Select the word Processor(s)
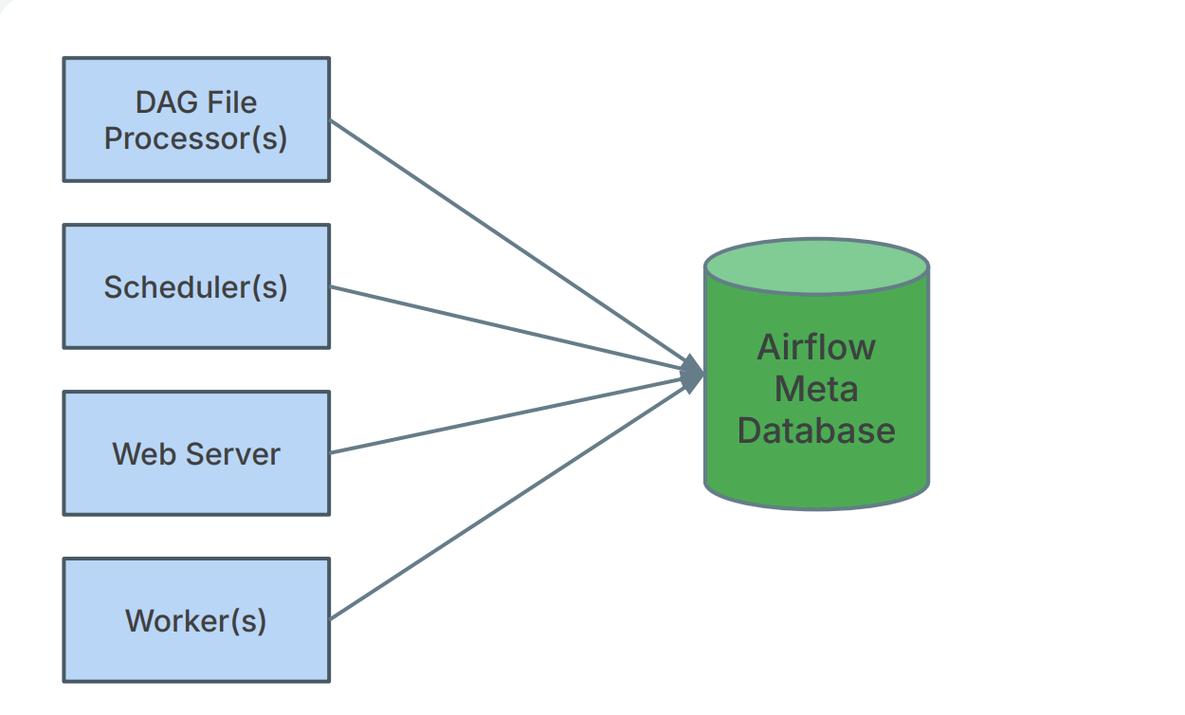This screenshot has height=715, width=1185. pos(195,138)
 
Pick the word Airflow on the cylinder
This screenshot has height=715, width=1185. pos(816,347)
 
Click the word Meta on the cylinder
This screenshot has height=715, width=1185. pos(816,389)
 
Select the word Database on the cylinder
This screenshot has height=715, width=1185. pos(816,431)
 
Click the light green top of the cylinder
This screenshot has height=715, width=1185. pos(816,266)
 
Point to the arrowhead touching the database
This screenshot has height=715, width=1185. pos(693,375)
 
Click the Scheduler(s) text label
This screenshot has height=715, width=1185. pos(195,286)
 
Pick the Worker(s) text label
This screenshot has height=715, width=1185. pos(196,621)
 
